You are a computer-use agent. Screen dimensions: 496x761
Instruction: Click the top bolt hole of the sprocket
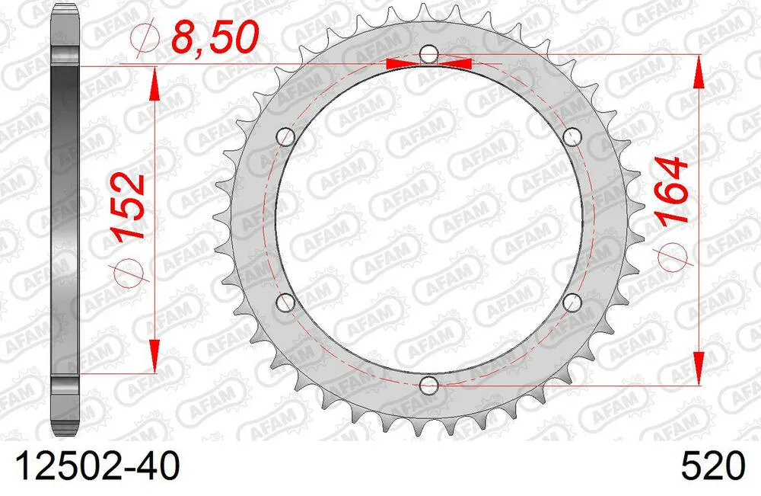coord(430,55)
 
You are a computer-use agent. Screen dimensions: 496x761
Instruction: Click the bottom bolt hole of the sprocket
coord(430,385)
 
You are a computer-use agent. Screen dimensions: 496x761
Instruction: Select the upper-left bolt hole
coord(286,137)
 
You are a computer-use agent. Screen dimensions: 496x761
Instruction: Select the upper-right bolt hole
coord(574,137)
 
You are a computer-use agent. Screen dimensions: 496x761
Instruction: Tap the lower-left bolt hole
coord(286,302)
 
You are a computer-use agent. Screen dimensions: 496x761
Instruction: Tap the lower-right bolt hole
coord(574,302)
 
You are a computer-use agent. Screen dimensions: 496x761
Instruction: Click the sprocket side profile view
coord(66,221)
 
